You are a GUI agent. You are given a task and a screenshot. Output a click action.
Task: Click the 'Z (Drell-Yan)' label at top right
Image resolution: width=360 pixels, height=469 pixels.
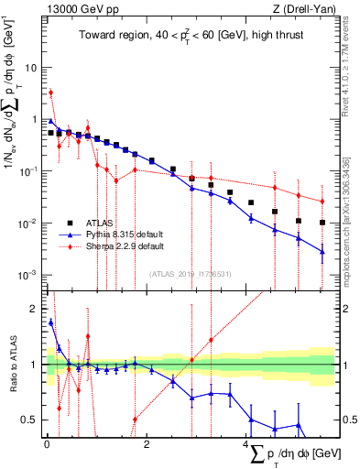point(303,9)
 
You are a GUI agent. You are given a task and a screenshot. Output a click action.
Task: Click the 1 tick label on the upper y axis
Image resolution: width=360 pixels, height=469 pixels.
point(36,119)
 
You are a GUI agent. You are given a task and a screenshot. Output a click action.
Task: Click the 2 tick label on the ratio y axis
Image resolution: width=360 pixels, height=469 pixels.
point(36,309)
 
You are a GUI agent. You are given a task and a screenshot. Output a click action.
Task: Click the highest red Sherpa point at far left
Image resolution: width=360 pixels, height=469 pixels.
point(51,92)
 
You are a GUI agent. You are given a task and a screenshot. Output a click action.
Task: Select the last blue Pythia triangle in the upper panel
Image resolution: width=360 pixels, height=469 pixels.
point(322,251)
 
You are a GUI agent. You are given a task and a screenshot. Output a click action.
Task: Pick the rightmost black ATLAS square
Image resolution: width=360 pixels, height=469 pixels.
point(322,222)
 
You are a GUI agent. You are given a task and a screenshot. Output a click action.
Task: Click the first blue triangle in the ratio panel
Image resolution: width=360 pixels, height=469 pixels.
point(51,322)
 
